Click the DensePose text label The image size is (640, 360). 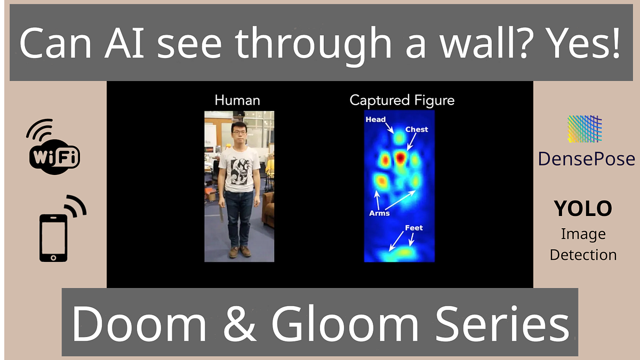[x=586, y=158]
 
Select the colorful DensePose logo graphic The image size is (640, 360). [x=585, y=129]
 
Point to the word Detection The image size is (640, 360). [x=583, y=255]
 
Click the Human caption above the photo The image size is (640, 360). [x=237, y=100]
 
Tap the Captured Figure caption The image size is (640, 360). [x=402, y=100]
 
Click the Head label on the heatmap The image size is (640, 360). [x=375, y=120]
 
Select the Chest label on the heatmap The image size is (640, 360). [x=417, y=130]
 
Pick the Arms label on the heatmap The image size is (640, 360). [x=379, y=213]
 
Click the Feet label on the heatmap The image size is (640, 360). [x=413, y=228]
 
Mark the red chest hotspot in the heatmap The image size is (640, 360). [x=401, y=157]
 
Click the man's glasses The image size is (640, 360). [x=238, y=131]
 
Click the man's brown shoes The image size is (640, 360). [x=239, y=251]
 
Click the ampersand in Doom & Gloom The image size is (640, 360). [x=238, y=324]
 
